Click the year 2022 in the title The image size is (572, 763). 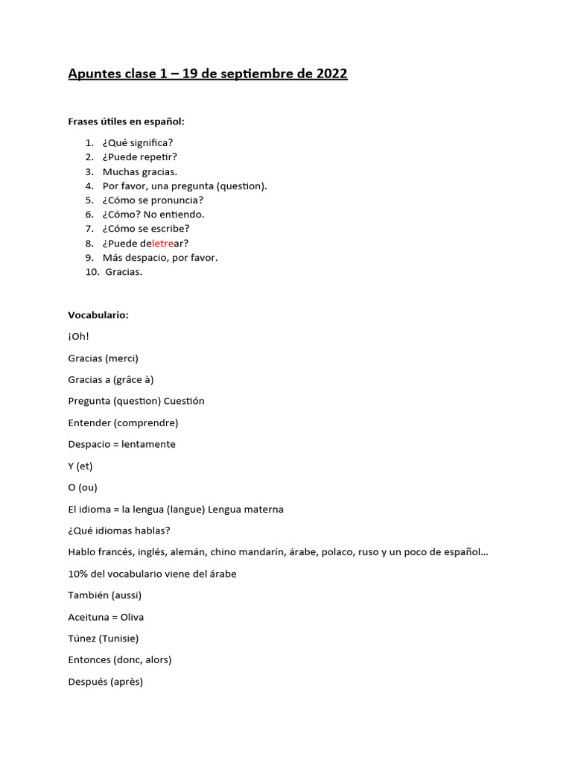(331, 74)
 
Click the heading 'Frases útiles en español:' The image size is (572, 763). (126, 121)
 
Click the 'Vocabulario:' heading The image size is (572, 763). (98, 315)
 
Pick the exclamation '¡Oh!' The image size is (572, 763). (78, 336)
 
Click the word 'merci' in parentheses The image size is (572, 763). (122, 358)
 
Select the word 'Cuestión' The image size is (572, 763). (184, 401)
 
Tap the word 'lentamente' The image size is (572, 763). (148, 444)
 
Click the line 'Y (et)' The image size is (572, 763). (80, 466)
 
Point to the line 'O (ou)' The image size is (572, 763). (83, 487)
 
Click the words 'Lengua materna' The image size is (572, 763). (246, 510)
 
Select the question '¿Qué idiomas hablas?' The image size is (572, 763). (119, 531)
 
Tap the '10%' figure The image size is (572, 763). (78, 574)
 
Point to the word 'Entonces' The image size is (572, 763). (89, 659)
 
